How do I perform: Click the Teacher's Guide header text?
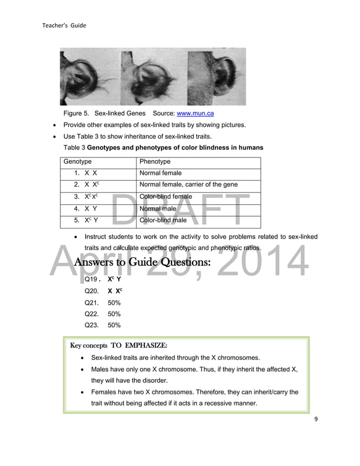click(64, 25)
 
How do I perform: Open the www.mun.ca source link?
click(195, 113)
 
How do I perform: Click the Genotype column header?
click(77, 161)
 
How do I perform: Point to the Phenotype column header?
click(155, 161)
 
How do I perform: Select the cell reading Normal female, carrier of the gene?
click(188, 184)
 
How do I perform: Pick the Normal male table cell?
click(158, 209)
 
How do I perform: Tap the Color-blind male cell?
click(163, 221)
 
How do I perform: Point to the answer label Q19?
click(91, 280)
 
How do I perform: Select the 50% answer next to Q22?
click(114, 314)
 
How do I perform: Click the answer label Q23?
click(91, 325)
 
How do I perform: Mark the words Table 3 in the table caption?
click(74, 148)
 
